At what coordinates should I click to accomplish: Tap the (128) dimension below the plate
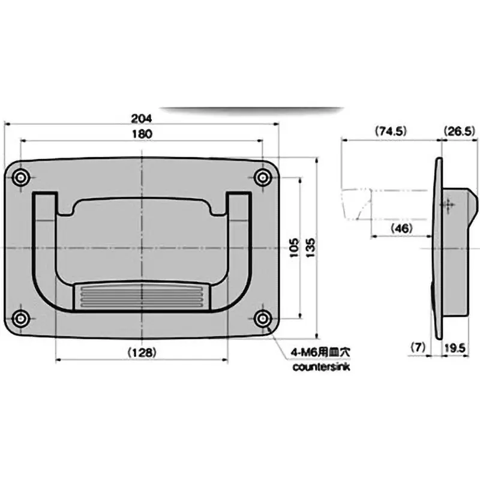click(142, 353)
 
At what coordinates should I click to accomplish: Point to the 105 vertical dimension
click(293, 247)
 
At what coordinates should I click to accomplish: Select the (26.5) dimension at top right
click(460, 130)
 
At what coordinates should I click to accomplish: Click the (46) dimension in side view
click(401, 229)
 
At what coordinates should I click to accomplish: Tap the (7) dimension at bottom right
click(418, 347)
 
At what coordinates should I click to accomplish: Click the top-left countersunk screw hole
click(22, 177)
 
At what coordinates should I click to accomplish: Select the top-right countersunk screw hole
click(262, 177)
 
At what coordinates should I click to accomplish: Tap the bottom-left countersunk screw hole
click(22, 318)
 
